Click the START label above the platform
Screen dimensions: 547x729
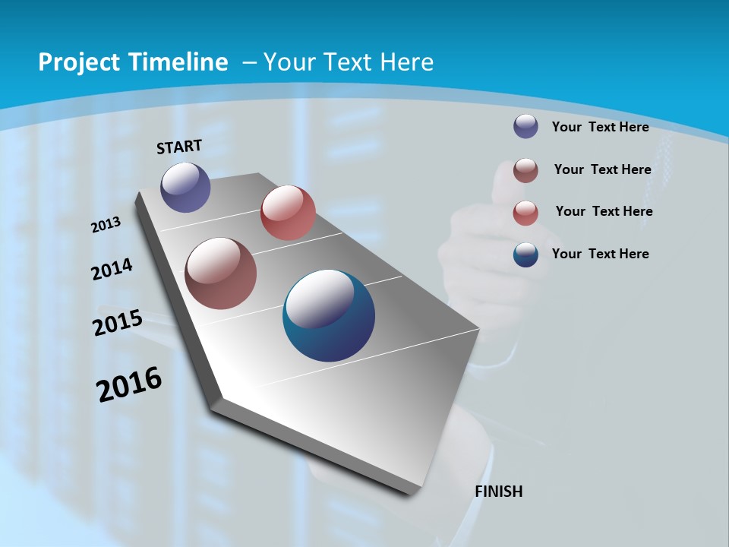[179, 146]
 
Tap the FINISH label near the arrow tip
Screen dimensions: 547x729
[499, 492]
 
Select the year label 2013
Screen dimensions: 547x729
[106, 225]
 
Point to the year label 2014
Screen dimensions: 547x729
[112, 269]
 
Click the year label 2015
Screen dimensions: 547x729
[118, 323]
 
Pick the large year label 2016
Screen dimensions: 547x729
[129, 384]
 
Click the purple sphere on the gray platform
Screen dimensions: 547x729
[185, 187]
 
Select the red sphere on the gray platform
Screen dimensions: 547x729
[288, 213]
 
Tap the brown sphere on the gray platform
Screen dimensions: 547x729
[220, 273]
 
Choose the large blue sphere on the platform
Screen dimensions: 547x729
[329, 315]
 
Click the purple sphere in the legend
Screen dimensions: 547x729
[525, 126]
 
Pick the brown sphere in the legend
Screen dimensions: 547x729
[525, 170]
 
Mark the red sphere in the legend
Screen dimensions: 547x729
[525, 213]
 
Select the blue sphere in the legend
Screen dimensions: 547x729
[525, 255]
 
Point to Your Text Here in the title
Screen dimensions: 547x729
[349, 62]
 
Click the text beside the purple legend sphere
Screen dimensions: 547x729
[600, 127]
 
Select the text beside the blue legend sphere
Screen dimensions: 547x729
[600, 254]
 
